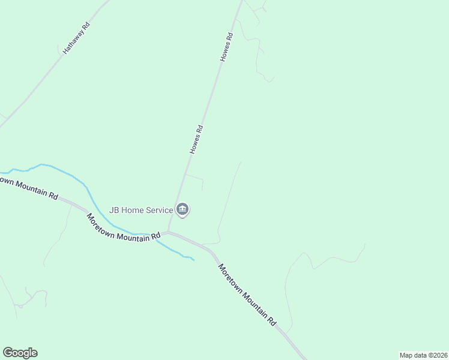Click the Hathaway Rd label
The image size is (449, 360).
(x=76, y=38)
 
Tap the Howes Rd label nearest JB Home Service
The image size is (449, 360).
(x=197, y=140)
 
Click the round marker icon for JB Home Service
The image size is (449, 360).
(x=183, y=209)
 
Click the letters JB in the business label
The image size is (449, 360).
(x=113, y=211)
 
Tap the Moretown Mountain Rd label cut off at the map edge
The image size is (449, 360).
(x=29, y=187)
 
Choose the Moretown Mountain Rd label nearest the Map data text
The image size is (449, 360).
(x=247, y=295)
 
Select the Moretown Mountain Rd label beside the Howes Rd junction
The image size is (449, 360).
(x=124, y=227)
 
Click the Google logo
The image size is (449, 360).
(x=20, y=353)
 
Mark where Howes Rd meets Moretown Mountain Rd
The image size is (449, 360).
(x=169, y=232)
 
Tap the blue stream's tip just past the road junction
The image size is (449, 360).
(x=193, y=259)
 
